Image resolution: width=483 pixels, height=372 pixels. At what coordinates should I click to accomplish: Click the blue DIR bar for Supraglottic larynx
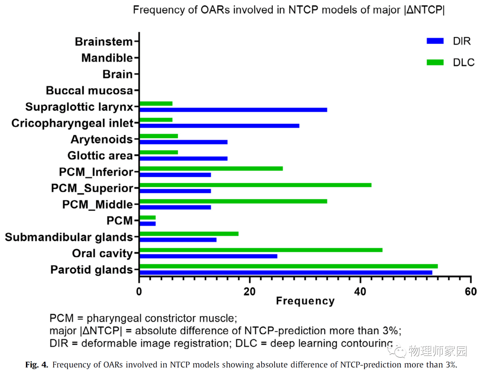click(233, 109)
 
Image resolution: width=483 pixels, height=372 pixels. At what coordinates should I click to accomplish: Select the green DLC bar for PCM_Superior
click(255, 185)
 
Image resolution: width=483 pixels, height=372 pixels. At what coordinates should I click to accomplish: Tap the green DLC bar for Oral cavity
click(261, 250)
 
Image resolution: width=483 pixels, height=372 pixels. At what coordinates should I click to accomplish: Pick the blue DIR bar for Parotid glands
click(286, 272)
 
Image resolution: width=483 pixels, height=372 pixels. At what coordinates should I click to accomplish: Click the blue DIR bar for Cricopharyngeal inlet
click(219, 125)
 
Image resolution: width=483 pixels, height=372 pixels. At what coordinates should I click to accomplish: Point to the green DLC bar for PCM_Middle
click(233, 201)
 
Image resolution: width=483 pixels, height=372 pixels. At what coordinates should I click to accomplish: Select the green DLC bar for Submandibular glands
click(189, 234)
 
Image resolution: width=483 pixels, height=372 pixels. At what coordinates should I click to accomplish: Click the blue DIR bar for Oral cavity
click(208, 256)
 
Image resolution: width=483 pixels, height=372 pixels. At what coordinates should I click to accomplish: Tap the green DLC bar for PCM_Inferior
click(211, 168)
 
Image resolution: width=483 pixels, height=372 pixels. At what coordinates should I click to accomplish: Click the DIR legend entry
click(448, 41)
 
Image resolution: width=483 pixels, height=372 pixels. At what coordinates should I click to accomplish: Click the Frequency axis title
click(305, 301)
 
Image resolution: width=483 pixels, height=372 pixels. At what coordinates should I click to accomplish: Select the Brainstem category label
click(104, 42)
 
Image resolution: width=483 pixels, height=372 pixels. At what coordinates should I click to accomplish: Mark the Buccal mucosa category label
click(89, 91)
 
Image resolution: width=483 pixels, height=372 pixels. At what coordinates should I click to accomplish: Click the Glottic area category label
click(100, 156)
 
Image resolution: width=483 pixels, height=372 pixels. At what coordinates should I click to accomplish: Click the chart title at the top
click(288, 10)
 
